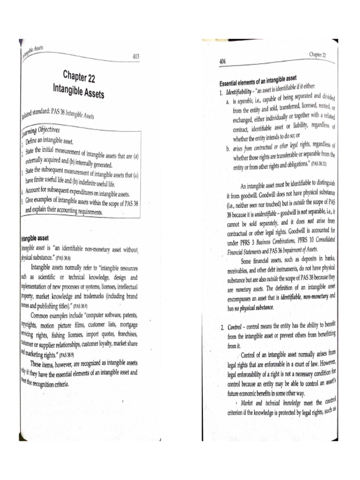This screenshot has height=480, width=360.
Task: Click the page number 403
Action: (x=136, y=57)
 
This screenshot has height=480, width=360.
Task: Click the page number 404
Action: (x=223, y=62)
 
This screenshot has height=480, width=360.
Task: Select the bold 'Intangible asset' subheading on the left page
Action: (x=37, y=238)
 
